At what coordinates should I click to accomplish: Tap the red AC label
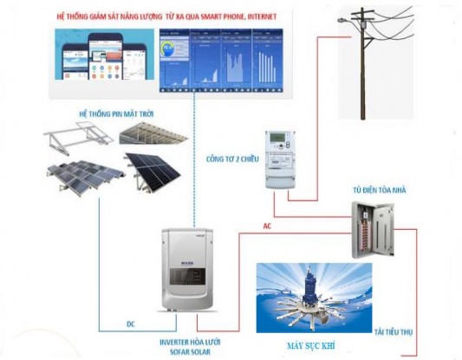[x=270, y=226]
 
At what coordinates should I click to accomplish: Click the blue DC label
[x=130, y=324]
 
